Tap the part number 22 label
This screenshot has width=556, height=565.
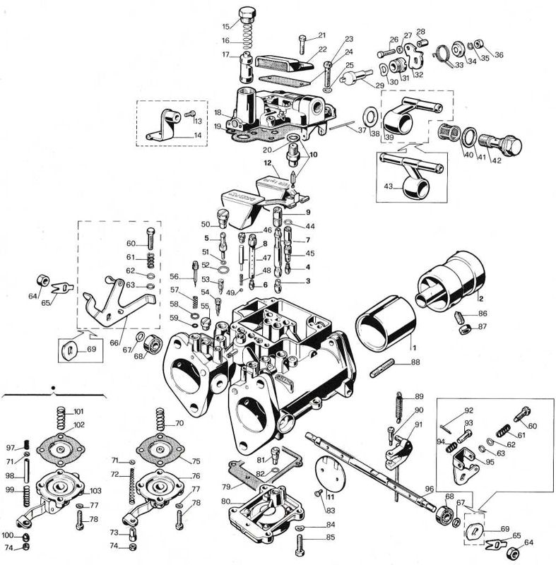pos(322,49)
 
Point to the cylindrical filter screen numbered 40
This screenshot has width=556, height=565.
pos(449,132)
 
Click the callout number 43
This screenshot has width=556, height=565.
pos(388,186)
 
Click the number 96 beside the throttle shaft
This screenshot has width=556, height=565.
pos(429,489)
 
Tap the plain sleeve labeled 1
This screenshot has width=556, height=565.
pos(386,323)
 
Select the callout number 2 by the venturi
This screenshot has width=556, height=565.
pos(481,298)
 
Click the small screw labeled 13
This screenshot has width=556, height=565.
pos(190,114)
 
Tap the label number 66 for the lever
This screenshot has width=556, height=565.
pos(114,343)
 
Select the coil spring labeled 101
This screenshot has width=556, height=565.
pos(62,417)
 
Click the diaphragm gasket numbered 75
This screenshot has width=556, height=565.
pos(158,450)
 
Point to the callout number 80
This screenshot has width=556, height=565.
pos(225,501)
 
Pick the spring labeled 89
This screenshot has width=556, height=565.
pos(399,407)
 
